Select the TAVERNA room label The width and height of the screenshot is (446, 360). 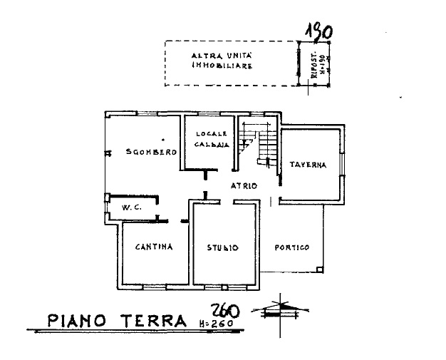tap(308, 165)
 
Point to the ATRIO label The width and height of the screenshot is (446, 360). tap(243, 186)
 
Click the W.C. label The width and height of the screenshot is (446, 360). tap(130, 207)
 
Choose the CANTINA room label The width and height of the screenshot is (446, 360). tap(155, 247)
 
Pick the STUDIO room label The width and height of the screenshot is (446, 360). tap(222, 248)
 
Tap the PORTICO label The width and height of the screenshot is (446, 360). tap(292, 247)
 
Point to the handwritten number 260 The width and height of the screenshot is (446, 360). tap(226, 311)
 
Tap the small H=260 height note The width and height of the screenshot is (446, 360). tap(217, 325)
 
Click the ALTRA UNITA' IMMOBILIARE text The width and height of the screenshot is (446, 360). tap(223, 61)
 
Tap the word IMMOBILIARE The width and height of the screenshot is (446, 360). tap(222, 66)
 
